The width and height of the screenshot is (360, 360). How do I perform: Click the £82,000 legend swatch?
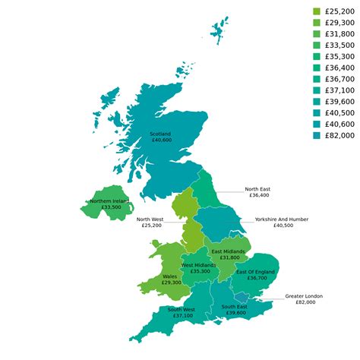click(317, 135)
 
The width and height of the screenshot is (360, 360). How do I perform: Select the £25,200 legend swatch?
click(317, 11)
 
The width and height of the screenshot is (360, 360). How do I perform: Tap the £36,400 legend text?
click(339, 68)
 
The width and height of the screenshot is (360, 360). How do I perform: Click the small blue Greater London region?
click(242, 296)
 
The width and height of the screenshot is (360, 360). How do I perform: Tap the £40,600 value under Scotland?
click(161, 141)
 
